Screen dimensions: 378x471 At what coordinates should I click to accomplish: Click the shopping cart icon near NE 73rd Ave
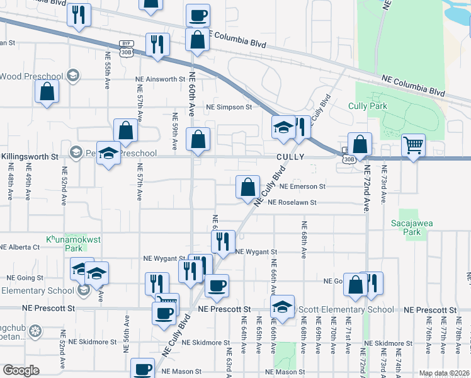pyautogui.click(x=413, y=146)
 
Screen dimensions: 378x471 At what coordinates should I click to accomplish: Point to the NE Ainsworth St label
pyautogui.click(x=160, y=79)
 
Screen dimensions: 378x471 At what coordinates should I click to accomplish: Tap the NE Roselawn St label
pyautogui.click(x=292, y=202)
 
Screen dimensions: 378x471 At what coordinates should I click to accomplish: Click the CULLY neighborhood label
pyautogui.click(x=290, y=156)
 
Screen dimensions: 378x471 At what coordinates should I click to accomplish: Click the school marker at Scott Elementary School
pyautogui.click(x=283, y=307)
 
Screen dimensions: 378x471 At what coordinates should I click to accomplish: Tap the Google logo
pyautogui.click(x=21, y=370)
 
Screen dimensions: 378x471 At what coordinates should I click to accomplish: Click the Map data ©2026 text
pyautogui.click(x=444, y=373)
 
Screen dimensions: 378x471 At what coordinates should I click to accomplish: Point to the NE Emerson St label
pyautogui.click(x=302, y=186)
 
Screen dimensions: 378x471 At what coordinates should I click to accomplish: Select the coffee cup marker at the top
pyautogui.click(x=198, y=15)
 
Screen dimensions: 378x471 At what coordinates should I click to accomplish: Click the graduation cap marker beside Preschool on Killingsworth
pyautogui.click(x=109, y=153)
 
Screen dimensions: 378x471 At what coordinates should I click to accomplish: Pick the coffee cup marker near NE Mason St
pyautogui.click(x=142, y=369)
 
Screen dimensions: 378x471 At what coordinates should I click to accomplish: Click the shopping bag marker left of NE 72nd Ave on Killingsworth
pyautogui.click(x=360, y=144)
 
